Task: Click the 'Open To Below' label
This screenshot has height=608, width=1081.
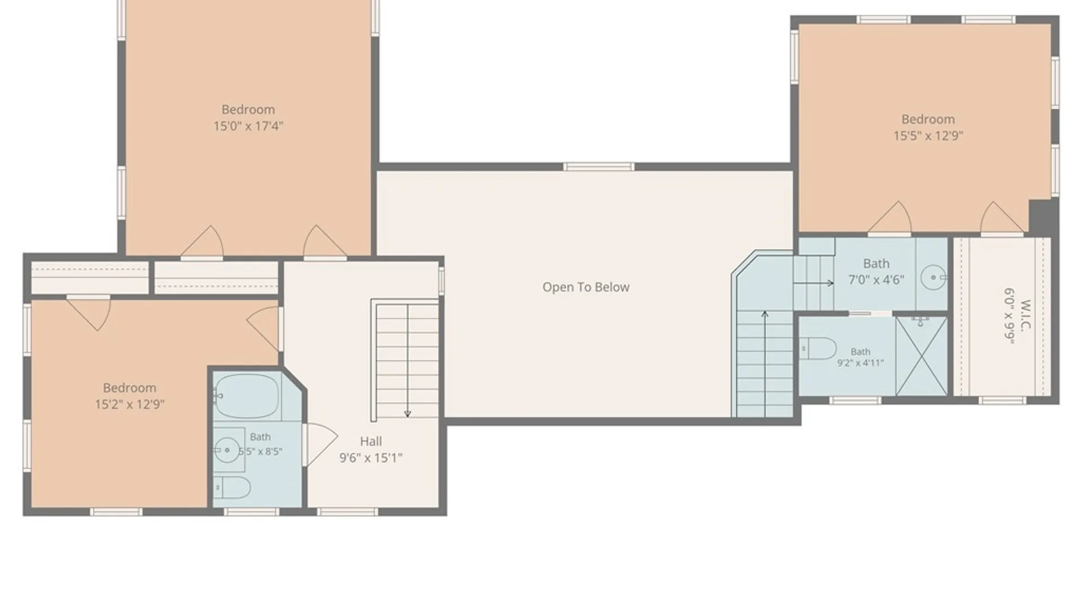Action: pos(586,287)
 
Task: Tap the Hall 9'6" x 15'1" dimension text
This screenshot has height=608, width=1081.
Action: pos(370,458)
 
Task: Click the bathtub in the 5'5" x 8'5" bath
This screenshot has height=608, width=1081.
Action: pos(247,396)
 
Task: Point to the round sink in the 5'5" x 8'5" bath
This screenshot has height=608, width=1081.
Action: pos(227,449)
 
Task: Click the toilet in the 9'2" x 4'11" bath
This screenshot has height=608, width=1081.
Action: pos(818,348)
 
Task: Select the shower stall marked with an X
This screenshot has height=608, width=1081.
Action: pos(922,356)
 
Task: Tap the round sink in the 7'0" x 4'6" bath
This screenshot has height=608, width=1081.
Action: pos(933,278)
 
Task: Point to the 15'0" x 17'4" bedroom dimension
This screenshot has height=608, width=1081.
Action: pos(248,126)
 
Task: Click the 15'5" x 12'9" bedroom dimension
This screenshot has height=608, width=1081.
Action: pos(928,135)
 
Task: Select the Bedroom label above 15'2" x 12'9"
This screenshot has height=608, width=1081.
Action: pos(129,388)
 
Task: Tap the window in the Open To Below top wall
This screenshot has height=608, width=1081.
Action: pos(598,166)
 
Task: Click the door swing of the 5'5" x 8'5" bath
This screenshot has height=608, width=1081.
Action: pos(321,444)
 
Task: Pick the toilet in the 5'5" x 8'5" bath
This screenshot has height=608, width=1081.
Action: pos(232,488)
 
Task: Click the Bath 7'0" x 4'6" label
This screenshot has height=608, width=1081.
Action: pos(876,271)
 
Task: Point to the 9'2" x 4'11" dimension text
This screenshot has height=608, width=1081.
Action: pos(860,363)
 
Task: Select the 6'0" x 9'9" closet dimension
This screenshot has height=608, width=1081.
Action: pos(1009,315)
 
